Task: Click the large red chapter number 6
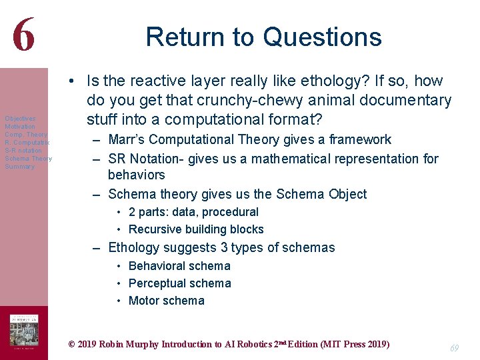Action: (x=23, y=34)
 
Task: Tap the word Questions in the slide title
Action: (x=323, y=37)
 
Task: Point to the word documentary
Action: (x=400, y=101)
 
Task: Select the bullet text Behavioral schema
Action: (x=179, y=266)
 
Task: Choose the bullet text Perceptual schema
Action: (x=179, y=283)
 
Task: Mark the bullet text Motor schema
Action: (x=166, y=301)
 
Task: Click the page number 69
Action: (x=454, y=348)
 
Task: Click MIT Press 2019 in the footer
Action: (x=356, y=345)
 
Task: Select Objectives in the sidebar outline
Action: (x=20, y=119)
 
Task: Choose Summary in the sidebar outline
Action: (x=19, y=167)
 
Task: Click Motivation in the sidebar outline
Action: (x=20, y=127)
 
